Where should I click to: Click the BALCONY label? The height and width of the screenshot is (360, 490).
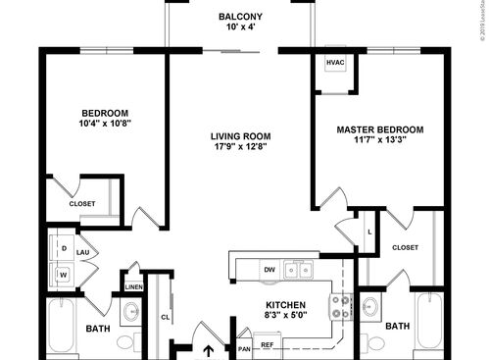click(x=239, y=17)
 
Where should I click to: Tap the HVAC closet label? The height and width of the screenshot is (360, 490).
click(x=335, y=62)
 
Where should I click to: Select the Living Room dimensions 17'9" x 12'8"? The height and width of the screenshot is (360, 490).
click(x=239, y=146)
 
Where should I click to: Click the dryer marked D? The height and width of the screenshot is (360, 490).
click(x=64, y=249)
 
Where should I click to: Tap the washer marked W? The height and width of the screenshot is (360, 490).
click(x=64, y=276)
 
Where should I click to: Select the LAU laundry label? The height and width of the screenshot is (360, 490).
click(x=84, y=264)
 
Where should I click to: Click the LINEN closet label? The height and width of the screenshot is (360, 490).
click(x=133, y=286)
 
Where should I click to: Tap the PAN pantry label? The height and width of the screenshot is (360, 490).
click(x=243, y=345)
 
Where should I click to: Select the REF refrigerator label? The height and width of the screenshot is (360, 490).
click(x=267, y=345)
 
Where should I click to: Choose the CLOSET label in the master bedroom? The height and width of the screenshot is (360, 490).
click(x=404, y=247)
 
